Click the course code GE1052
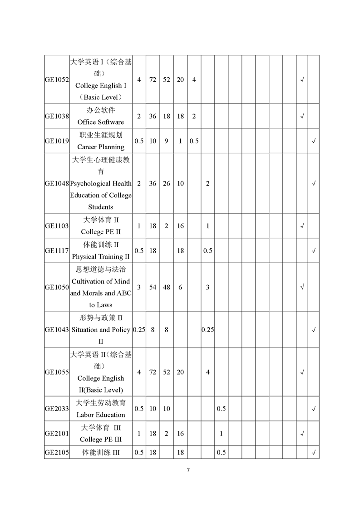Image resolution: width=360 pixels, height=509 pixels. point(57,80)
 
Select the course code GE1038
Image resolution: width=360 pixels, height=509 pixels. point(57,116)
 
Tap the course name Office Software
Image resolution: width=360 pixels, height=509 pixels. point(100,122)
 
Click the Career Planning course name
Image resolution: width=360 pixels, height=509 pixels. point(100,147)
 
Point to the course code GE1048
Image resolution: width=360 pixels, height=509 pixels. point(57,183)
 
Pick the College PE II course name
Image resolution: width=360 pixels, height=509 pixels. point(100,232)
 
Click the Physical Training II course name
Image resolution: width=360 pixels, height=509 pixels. point(100,257)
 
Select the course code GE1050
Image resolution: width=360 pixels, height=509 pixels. point(57,287)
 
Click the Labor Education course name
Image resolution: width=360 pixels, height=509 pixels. point(100,415)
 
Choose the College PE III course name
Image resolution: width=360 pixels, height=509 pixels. point(100,440)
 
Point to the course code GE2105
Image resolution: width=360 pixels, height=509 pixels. point(57,452)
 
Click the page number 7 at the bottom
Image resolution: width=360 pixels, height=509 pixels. point(188,470)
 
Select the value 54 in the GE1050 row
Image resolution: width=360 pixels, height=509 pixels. point(153,287)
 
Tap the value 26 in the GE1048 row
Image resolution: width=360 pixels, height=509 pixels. point(167,183)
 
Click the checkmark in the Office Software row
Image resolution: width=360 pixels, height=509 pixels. point(302,116)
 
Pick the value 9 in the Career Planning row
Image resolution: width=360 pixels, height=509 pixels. point(167,141)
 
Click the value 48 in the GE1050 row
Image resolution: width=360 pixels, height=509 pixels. point(167,287)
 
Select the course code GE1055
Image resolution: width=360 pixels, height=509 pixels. point(57,372)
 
